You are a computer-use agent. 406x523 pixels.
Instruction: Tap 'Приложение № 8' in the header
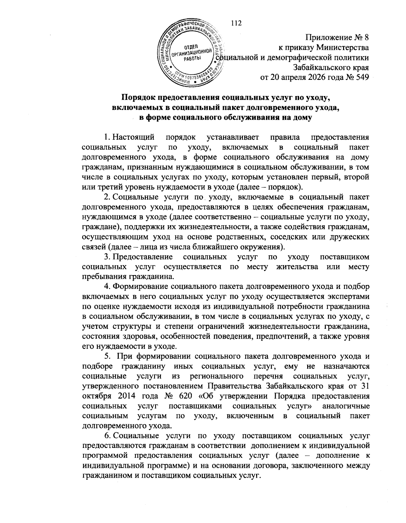point(337,38)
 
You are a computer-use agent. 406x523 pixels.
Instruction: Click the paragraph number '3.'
point(107,257)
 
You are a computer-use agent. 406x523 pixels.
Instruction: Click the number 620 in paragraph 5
point(184,396)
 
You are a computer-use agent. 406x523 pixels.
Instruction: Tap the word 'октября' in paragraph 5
point(95,396)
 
